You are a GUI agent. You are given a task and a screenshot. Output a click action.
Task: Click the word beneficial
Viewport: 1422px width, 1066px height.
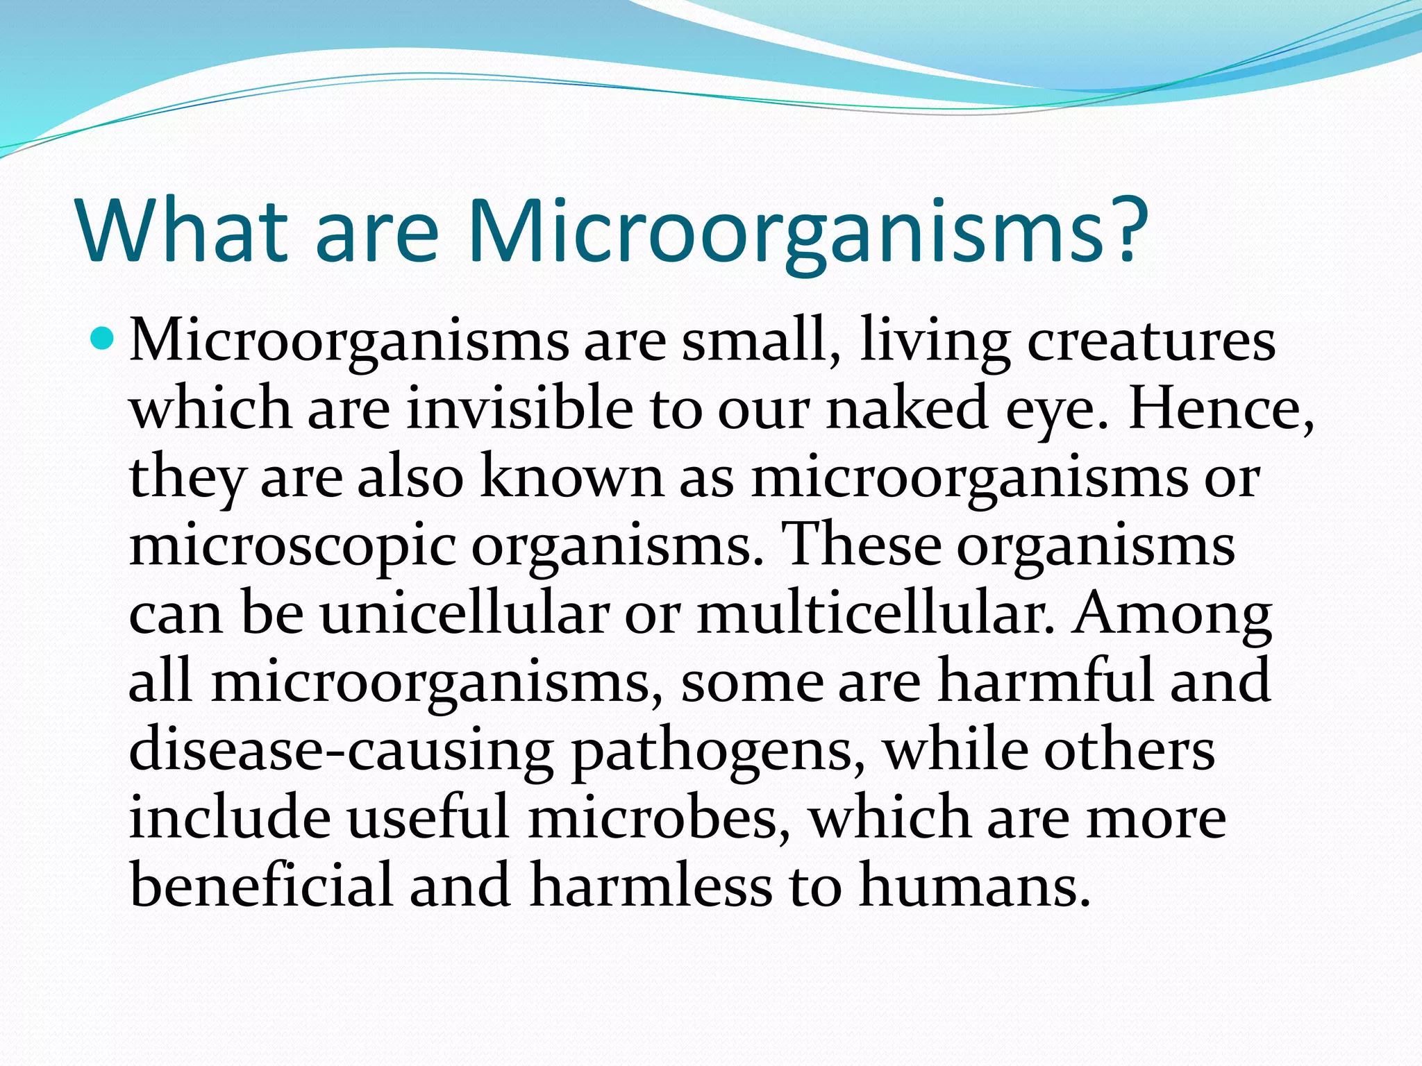click(x=261, y=885)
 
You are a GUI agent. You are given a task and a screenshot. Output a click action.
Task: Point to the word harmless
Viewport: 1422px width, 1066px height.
click(x=650, y=885)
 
